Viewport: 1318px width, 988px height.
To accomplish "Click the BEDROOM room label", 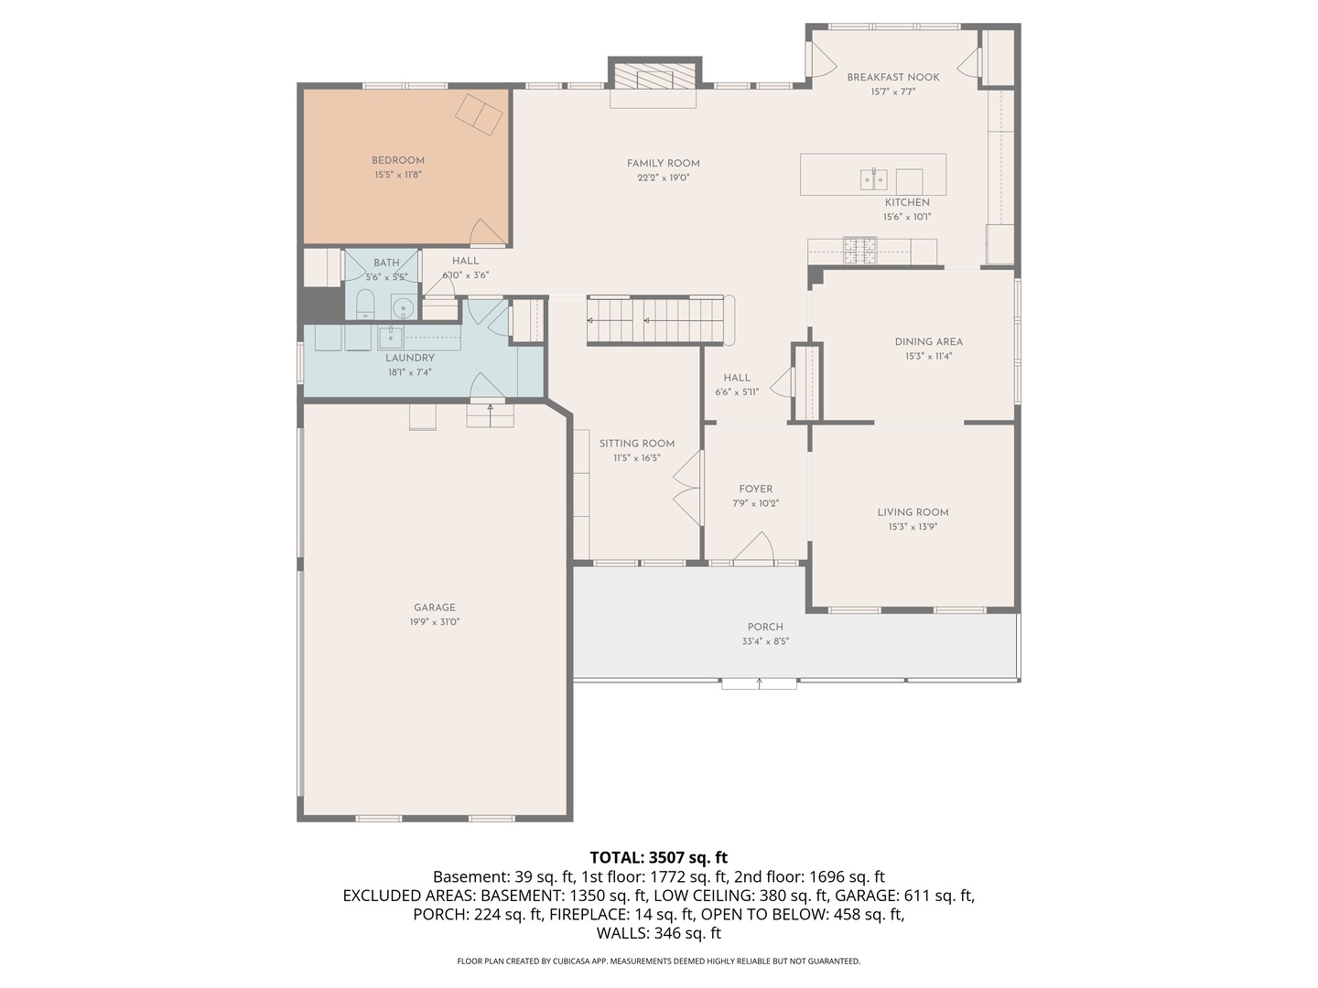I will pyautogui.click(x=398, y=160).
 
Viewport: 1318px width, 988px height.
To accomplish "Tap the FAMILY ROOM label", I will pyautogui.click(x=663, y=164).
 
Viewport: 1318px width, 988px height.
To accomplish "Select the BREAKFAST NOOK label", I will pyautogui.click(x=892, y=78).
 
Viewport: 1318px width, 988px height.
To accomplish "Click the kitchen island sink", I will pyautogui.click(x=873, y=179).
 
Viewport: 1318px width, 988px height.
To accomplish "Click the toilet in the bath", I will pyautogui.click(x=365, y=305).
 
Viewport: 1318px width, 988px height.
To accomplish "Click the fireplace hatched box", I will pyautogui.click(x=654, y=76).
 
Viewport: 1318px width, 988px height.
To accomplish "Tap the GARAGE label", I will pyautogui.click(x=434, y=607).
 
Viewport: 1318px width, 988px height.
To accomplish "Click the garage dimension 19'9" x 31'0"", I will pyautogui.click(x=434, y=622).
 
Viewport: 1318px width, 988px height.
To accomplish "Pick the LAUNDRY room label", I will pyautogui.click(x=409, y=358).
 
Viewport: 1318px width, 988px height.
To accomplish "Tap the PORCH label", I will pyautogui.click(x=765, y=627).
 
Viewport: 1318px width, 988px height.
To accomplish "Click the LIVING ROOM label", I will pyautogui.click(x=913, y=512).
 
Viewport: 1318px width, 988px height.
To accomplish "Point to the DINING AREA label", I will pyautogui.click(x=928, y=342).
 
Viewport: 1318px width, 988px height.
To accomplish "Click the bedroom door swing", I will pyautogui.click(x=485, y=234).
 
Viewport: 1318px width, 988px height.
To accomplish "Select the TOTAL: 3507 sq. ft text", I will pyautogui.click(x=658, y=857).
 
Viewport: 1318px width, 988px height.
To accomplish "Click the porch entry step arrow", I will pyautogui.click(x=759, y=682).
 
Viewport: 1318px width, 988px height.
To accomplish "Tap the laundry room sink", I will pyautogui.click(x=391, y=337).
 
